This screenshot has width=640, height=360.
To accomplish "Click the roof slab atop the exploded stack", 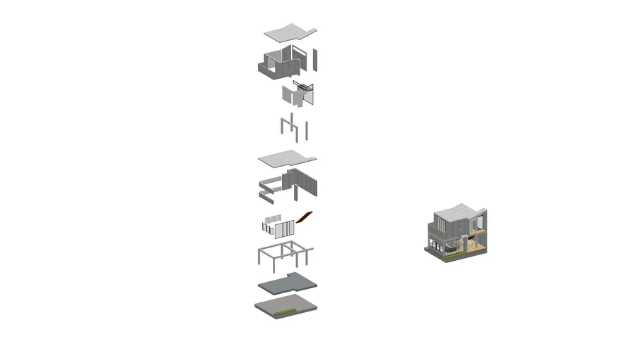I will tap(289, 32).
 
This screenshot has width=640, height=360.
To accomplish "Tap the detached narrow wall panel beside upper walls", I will tap(316, 60).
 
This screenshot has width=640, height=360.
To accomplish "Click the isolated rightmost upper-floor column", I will tap(307, 130).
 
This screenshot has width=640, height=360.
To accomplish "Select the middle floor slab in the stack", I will tap(287, 160).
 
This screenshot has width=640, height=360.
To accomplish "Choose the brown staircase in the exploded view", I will tap(305, 217).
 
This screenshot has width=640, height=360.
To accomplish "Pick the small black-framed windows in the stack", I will tap(268, 227).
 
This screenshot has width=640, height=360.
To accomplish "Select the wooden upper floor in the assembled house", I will tap(478, 230).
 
